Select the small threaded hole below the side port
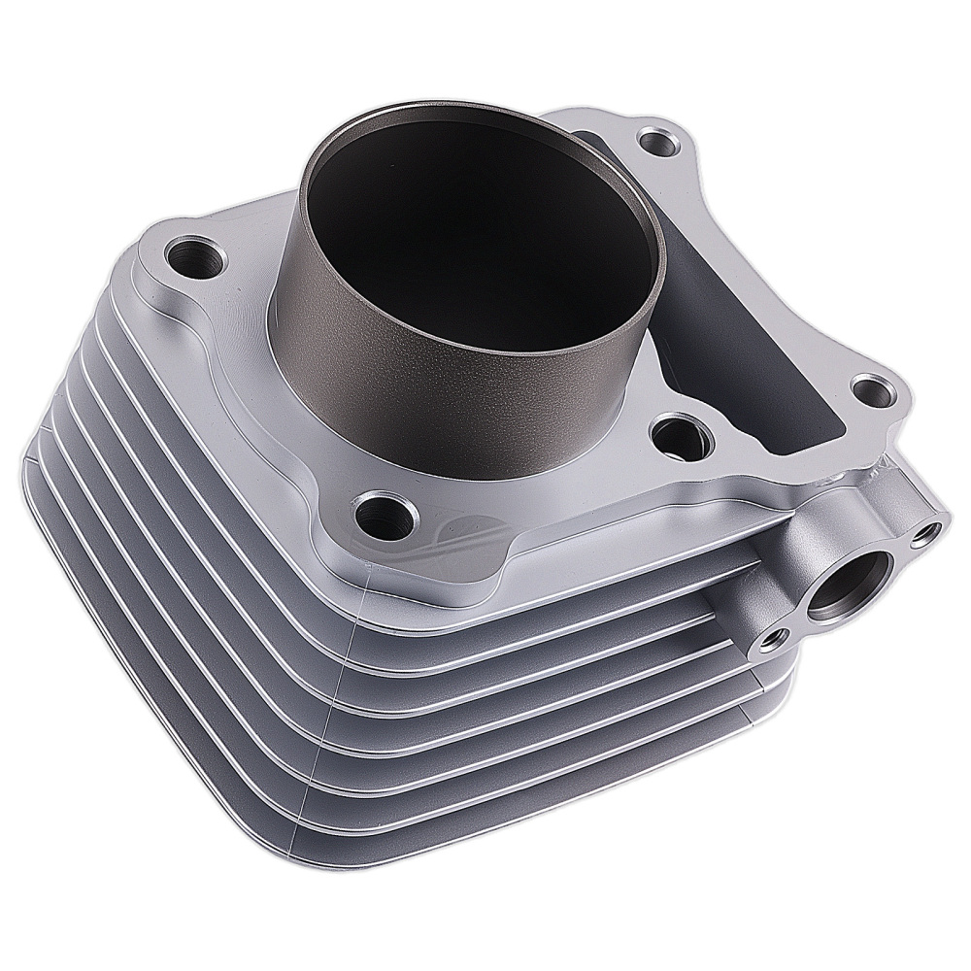774,638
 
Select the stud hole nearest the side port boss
876,392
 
